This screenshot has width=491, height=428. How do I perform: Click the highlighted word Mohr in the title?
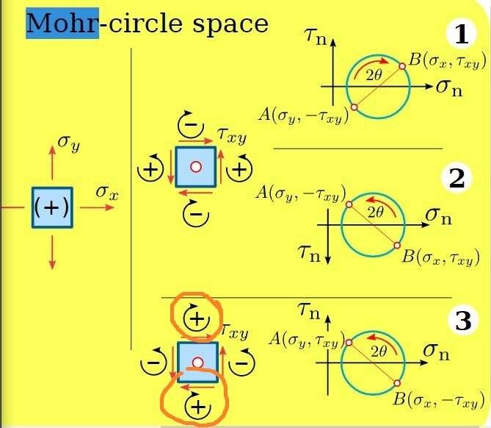pos(62,24)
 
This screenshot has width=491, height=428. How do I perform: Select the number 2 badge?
pos(457,178)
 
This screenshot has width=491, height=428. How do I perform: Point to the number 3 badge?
pos(463,320)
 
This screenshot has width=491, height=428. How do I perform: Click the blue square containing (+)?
pos(52,207)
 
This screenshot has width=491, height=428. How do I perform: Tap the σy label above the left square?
pos(69,143)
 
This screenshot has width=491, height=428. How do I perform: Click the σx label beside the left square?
pos(107,192)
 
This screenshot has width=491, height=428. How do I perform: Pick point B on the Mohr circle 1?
pos(402,66)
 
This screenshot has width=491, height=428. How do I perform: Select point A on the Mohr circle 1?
pos(354,107)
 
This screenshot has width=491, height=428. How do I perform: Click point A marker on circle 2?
pos(349,204)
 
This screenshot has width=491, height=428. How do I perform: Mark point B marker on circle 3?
pos(397,383)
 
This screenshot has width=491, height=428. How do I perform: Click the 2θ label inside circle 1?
pos(374,75)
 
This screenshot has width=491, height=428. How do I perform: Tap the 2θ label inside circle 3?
pos(379,352)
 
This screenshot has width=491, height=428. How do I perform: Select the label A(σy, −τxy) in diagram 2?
pos(301,193)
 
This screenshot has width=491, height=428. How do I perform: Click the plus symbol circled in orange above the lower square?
pos(197,319)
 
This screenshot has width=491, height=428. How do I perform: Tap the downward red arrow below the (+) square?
pos(52,252)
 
